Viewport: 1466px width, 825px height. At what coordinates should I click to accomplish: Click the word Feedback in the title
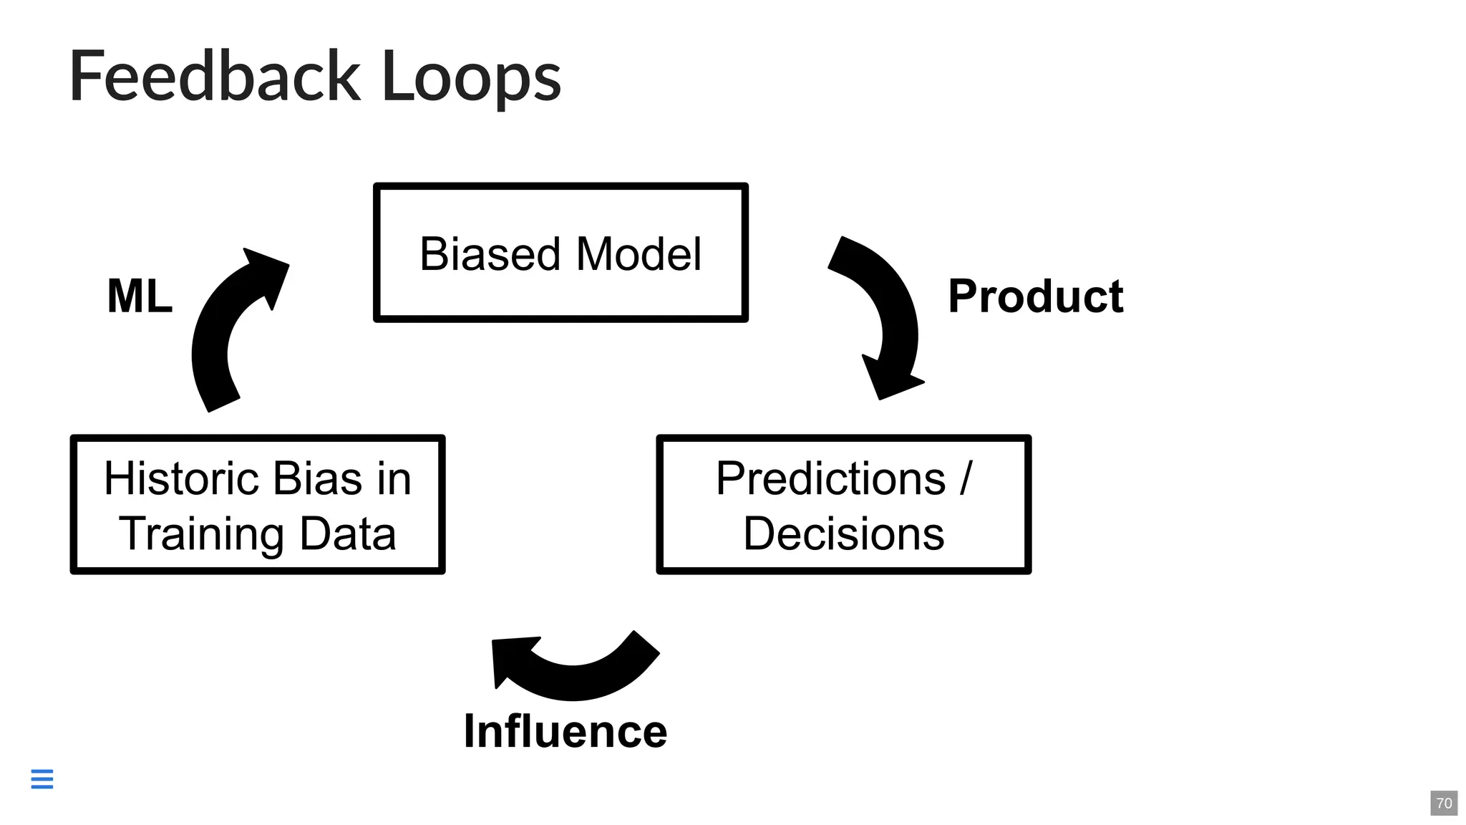coord(215,76)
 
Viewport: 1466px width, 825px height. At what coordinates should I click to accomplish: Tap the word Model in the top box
coord(639,254)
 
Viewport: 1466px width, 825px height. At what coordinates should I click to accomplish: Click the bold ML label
coord(140,296)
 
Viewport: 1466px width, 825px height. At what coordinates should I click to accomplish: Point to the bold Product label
coord(1035,296)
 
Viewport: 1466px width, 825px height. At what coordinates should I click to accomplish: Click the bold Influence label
coord(565,731)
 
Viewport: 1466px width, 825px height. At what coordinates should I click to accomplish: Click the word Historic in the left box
coord(181,478)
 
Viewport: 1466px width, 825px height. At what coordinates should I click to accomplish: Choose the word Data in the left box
coord(348,534)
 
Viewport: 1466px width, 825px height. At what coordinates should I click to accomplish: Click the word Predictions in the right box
coord(830,478)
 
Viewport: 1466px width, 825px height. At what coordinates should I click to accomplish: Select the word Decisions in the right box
coord(843,534)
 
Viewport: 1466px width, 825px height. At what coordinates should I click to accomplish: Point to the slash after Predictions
coord(966,478)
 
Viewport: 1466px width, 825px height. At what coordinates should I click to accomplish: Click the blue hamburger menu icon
coord(42,778)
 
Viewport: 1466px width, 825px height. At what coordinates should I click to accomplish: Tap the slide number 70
coord(1444,803)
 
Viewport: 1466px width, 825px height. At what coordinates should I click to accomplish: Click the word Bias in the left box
coord(317,478)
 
